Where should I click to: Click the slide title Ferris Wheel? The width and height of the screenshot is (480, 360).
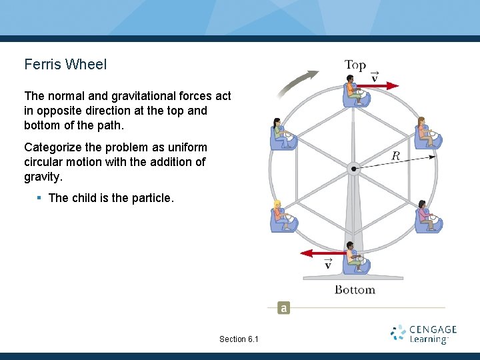point(65,65)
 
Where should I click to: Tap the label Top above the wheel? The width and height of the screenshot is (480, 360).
point(355,65)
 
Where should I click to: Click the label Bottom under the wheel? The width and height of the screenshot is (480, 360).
point(355,290)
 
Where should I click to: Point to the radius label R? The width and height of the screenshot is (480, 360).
point(395,156)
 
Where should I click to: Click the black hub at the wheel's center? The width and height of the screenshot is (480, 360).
point(355,169)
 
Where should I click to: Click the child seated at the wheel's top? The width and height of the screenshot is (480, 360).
point(354,92)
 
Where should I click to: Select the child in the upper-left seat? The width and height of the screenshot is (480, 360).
point(281,134)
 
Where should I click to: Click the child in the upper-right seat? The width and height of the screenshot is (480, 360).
point(425,134)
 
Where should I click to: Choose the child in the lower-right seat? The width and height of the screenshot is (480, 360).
point(425,217)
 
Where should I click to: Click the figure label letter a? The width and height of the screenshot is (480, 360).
point(284,308)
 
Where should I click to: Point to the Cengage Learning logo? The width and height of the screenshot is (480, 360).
point(423,334)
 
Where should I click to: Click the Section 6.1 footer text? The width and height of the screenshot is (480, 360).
point(239,339)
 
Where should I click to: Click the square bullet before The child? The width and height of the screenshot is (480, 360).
point(40,198)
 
